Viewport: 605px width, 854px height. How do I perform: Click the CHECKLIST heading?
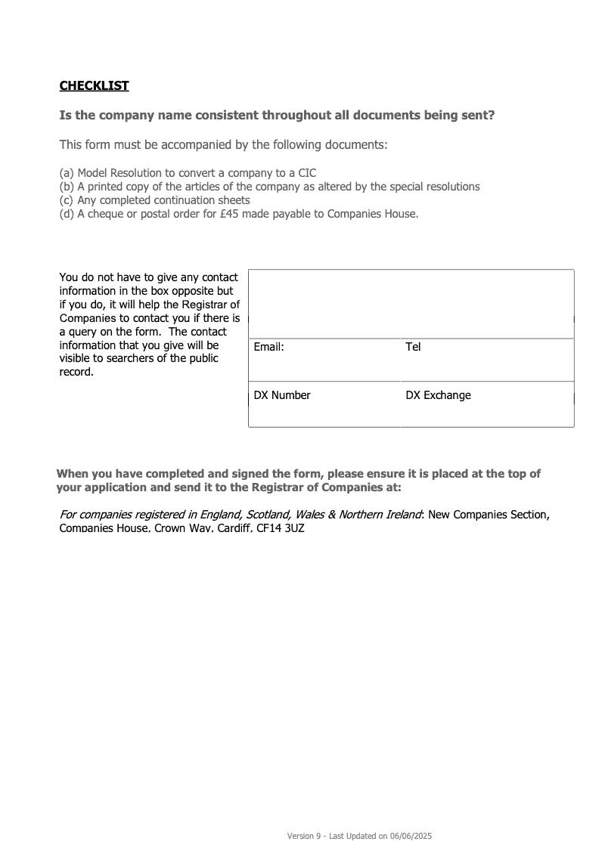pyautogui.click(x=95, y=86)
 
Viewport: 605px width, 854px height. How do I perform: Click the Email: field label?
pyautogui.click(x=268, y=347)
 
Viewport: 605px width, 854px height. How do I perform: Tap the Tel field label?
pyautogui.click(x=413, y=347)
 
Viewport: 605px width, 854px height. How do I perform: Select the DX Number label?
pyautogui.click(x=282, y=395)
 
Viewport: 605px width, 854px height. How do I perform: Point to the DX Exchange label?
pyautogui.click(x=438, y=395)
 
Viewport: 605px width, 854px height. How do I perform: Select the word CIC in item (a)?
pyautogui.click(x=307, y=173)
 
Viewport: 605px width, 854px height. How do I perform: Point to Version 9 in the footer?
pyautogui.click(x=304, y=836)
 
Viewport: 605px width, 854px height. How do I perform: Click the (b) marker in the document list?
pyautogui.click(x=67, y=187)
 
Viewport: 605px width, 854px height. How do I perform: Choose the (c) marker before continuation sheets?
pyautogui.click(x=67, y=200)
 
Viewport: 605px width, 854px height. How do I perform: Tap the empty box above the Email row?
pyautogui.click(x=411, y=304)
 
